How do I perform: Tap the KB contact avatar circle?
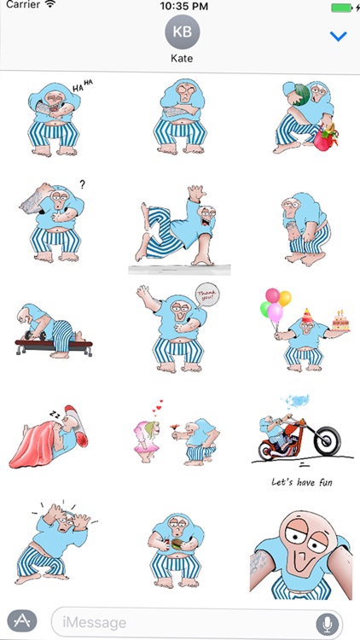[x=182, y=32]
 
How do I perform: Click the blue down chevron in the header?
[x=339, y=37]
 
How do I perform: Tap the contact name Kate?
[x=182, y=59]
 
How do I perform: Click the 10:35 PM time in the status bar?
[x=183, y=6]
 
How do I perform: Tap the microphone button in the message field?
[x=328, y=623]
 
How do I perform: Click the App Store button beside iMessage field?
[x=22, y=621]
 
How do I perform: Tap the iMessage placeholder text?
[x=95, y=623]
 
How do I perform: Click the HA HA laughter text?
[x=83, y=85]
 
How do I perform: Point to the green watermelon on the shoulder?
[x=302, y=95]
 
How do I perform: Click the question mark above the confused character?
[x=82, y=185]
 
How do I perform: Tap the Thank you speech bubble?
[x=208, y=296]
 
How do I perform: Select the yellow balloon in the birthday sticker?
[x=285, y=299]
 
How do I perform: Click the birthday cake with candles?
[x=341, y=321]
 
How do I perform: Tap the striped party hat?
[x=306, y=315]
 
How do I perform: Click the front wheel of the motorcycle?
[x=327, y=441]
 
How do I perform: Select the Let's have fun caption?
[x=302, y=482]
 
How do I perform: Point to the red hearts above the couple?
[x=157, y=407]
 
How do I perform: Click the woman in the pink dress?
[x=147, y=441]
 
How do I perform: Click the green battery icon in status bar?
[x=341, y=8]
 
